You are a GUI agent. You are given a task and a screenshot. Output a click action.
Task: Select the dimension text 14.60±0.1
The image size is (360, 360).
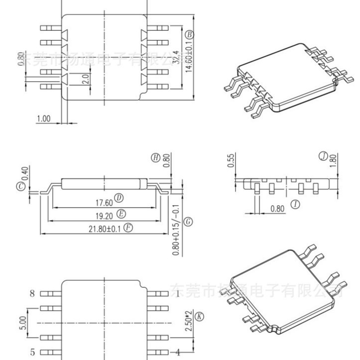tap(189, 57)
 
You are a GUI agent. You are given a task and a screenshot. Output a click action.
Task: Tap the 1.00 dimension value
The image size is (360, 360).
tap(44, 119)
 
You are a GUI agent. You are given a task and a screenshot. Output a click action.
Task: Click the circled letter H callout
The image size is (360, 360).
tap(156, 158)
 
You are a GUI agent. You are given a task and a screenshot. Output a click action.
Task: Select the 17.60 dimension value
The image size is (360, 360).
tap(104, 202)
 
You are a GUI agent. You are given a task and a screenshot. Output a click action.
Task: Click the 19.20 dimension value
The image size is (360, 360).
tap(104, 215)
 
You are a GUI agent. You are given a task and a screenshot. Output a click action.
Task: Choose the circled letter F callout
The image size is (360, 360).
tap(128, 228)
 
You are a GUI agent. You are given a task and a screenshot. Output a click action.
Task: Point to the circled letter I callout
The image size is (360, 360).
tap(296, 204)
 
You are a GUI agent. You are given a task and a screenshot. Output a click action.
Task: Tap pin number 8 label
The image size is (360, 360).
tap(32, 293)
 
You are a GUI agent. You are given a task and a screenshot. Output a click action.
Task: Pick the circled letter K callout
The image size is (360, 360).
tap(200, 316)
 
